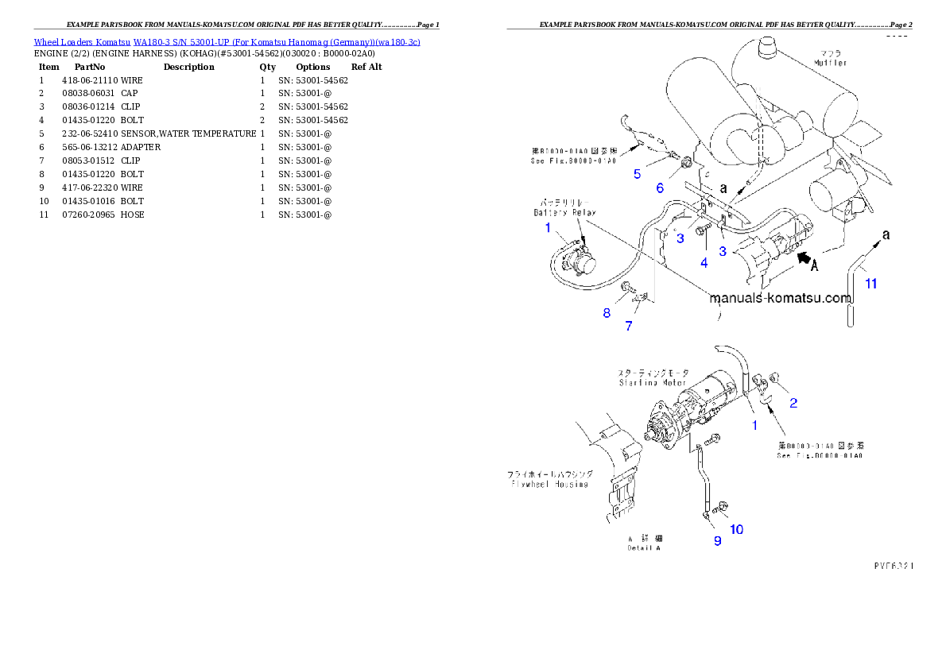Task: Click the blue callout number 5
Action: [637, 174]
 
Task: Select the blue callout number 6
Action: [659, 188]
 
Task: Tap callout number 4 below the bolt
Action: [703, 261]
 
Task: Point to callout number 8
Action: [607, 313]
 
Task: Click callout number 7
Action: [628, 326]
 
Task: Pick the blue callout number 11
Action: [871, 283]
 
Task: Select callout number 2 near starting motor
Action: [793, 403]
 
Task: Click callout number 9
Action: [717, 541]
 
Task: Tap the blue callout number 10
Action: [737, 529]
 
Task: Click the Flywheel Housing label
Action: [549, 479]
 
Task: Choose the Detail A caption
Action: [644, 543]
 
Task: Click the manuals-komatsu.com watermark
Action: [780, 300]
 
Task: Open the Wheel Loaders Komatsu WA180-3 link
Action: [227, 41]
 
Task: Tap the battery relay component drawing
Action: [578, 261]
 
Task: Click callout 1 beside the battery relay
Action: [548, 228]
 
